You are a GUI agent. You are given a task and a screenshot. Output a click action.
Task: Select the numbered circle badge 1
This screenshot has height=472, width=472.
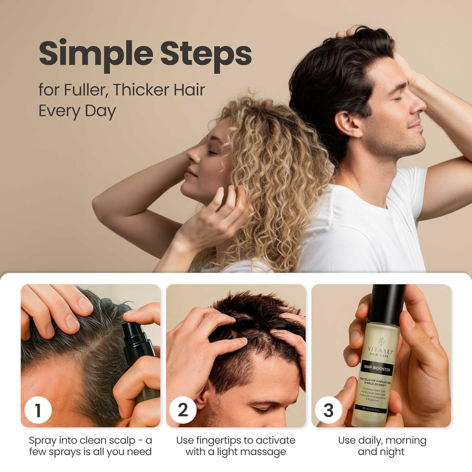(x=38, y=410)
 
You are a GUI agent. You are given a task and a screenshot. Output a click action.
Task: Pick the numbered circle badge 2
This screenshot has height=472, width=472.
(x=183, y=410)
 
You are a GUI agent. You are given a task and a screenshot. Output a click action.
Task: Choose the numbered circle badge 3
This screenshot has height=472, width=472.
(x=328, y=410)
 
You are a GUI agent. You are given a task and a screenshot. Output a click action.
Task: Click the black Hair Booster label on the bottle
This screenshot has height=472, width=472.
(x=377, y=369)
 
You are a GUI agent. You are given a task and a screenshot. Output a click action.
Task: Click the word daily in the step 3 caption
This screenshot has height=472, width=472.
(x=369, y=441)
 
